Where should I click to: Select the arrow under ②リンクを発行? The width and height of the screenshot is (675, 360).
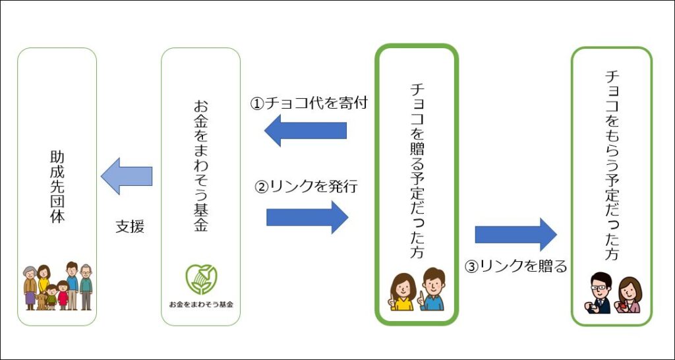(307, 217)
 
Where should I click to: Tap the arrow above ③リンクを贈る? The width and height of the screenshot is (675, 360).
(515, 234)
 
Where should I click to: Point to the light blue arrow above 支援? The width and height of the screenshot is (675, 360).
(127, 175)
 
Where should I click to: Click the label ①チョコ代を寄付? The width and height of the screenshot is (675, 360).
(308, 104)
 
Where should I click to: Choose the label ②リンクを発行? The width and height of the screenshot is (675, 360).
(306, 187)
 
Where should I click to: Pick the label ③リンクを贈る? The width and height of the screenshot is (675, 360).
(516, 266)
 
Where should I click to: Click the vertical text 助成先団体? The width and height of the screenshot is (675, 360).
(57, 187)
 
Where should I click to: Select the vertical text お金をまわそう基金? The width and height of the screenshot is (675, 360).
(200, 164)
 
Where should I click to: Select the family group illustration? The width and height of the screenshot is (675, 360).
(58, 286)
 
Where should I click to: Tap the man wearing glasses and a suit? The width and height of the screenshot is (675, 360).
(600, 293)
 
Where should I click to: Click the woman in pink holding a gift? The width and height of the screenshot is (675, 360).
(629, 295)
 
